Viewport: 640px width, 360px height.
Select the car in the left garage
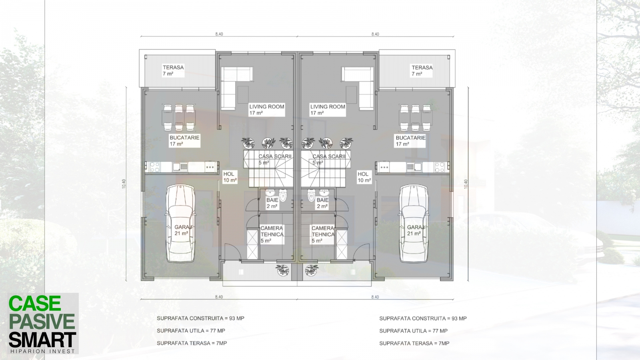click(x=180, y=224)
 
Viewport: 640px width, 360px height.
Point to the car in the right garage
click(x=414, y=224)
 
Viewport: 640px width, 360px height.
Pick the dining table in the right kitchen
click(x=416, y=118)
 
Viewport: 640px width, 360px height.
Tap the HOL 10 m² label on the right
click(x=364, y=177)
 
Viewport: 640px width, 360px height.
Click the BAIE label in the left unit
click(x=272, y=200)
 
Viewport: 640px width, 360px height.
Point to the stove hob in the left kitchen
click(x=154, y=167)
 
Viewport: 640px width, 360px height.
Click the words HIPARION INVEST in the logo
click(x=42, y=351)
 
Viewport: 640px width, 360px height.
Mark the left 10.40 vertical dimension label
click(x=124, y=184)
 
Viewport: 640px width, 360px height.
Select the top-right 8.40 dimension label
click(x=375, y=34)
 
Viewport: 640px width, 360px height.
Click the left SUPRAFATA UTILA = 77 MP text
click(x=191, y=330)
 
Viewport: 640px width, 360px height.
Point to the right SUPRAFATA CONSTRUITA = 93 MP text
click(x=423, y=318)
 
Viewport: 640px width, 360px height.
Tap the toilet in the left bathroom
click(x=283, y=196)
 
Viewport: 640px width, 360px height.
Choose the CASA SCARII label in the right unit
click(x=329, y=156)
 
